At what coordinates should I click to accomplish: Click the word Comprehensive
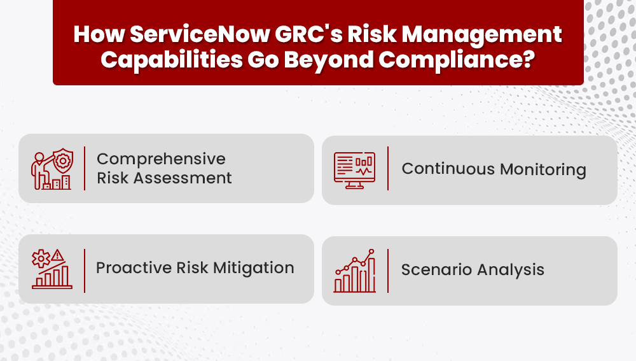click(x=161, y=159)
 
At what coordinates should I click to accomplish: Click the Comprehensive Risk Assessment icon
click(x=52, y=169)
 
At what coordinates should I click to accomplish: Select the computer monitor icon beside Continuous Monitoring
click(x=354, y=169)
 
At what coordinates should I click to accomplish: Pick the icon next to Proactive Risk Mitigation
click(x=52, y=269)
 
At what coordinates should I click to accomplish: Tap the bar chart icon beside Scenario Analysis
click(x=354, y=271)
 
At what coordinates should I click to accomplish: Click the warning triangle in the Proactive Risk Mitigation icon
click(x=59, y=256)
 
